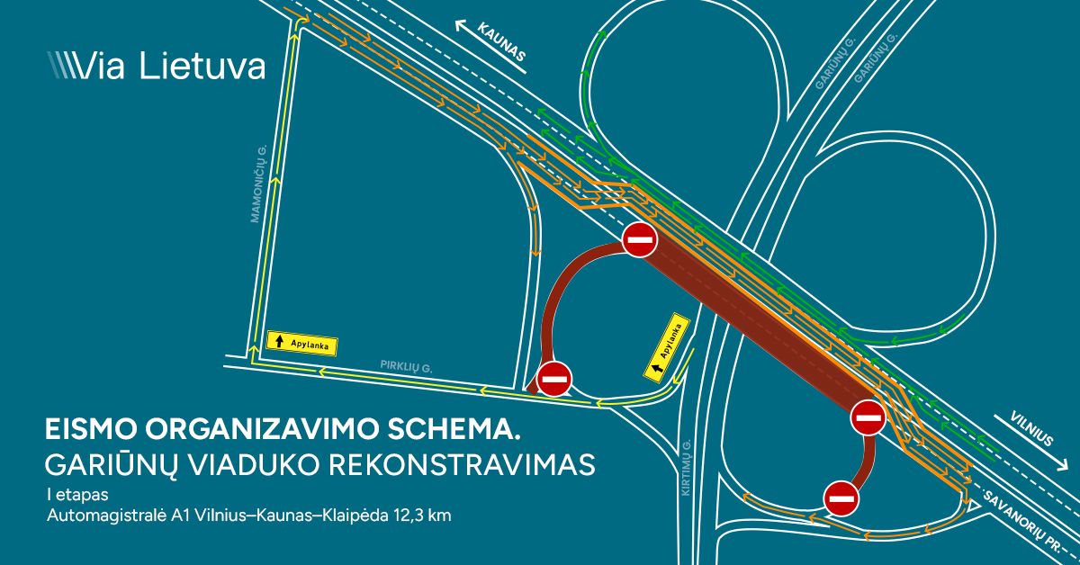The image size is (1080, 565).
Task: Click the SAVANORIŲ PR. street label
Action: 1031,521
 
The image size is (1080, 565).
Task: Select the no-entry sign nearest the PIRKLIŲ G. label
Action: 553,379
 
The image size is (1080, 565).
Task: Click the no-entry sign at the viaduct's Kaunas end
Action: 639,239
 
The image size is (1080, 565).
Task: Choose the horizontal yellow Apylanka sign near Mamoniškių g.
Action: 295,342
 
